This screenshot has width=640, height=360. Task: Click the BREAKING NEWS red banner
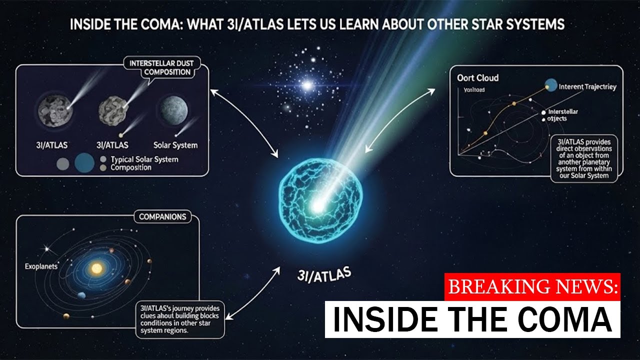[x=532, y=287]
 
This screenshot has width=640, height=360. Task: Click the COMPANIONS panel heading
[x=162, y=217]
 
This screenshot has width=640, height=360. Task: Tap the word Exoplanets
[x=41, y=266]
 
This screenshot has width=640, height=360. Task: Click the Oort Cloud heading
[x=477, y=78]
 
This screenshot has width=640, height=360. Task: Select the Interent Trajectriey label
[x=587, y=86]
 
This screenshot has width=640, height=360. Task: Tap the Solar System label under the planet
[x=175, y=145]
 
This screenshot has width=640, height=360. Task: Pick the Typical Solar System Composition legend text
[x=144, y=163]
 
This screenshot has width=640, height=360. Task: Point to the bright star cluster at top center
[x=307, y=85]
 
